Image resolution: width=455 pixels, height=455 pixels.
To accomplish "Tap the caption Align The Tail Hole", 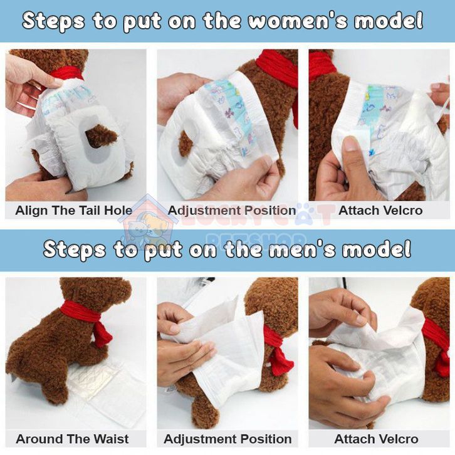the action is click(74, 211).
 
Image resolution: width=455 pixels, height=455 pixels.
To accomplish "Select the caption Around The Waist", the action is click(72, 439).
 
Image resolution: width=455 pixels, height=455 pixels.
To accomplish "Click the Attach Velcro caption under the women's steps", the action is click(380, 211).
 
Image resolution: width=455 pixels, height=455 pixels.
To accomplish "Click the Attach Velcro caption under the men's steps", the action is click(377, 439).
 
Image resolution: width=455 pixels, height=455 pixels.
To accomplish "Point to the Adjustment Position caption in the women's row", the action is click(231, 211).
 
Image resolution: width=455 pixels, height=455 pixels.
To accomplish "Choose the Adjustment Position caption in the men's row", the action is click(227, 439).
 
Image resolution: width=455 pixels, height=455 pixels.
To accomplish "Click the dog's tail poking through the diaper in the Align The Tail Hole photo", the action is click(101, 136).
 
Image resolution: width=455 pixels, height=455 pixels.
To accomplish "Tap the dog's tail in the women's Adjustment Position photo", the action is click(186, 144).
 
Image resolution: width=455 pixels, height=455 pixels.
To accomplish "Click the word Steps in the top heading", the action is click(54, 21).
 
